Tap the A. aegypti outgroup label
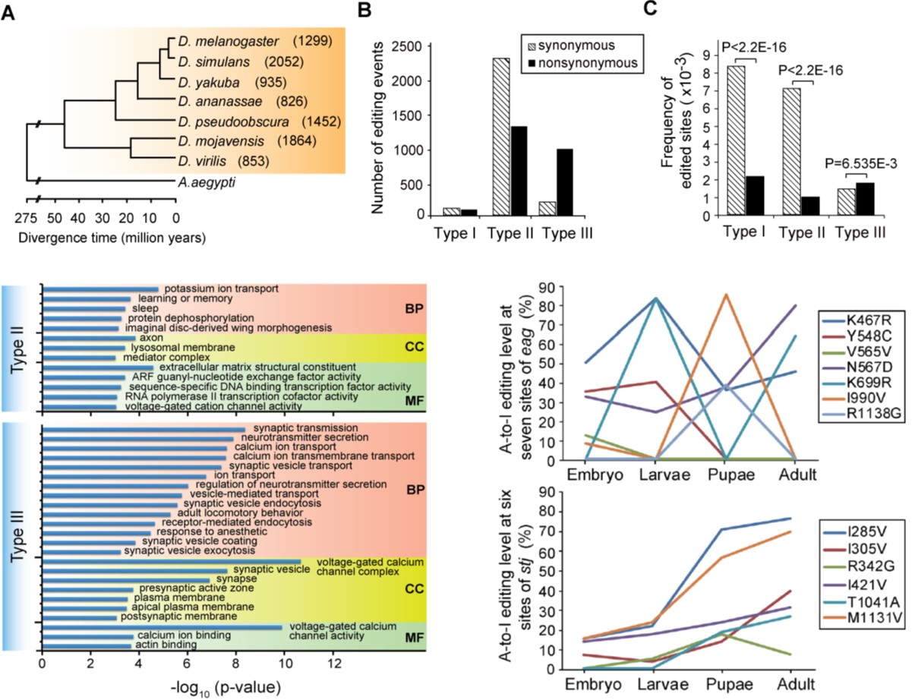click(202, 182)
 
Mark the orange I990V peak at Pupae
click(727, 295)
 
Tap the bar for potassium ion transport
click(100, 289)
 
